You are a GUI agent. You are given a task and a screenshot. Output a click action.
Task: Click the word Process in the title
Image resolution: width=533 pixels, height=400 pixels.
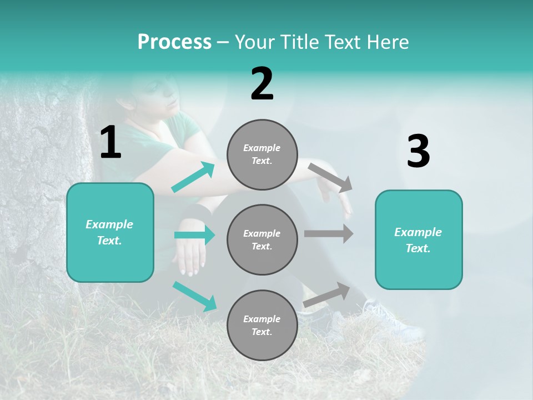tap(174, 42)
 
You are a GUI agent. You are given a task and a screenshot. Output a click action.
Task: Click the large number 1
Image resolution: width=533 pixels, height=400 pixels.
tap(110, 142)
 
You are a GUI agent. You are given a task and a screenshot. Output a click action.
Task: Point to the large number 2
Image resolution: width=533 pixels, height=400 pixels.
tap(262, 84)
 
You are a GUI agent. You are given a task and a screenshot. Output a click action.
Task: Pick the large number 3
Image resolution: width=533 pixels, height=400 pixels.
tap(418, 151)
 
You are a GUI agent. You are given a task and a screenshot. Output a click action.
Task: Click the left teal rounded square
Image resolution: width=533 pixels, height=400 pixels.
tap(110, 232)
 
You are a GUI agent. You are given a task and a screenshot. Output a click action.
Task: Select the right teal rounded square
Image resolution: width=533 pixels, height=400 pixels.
tap(419, 239)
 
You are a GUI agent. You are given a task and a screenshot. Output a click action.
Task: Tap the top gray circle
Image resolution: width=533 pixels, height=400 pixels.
tap(262, 154)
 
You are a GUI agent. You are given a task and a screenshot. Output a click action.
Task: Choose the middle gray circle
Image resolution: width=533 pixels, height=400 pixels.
tap(262, 239)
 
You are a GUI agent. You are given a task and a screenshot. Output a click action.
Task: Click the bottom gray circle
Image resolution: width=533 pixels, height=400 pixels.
tap(262, 325)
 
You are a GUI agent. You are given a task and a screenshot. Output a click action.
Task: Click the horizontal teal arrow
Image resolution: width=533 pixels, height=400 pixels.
tap(194, 235)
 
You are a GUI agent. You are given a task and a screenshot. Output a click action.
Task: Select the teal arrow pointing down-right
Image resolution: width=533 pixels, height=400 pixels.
tap(195, 296)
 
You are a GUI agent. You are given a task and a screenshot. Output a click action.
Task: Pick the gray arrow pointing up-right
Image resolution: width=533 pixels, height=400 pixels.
tap(327, 295)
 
